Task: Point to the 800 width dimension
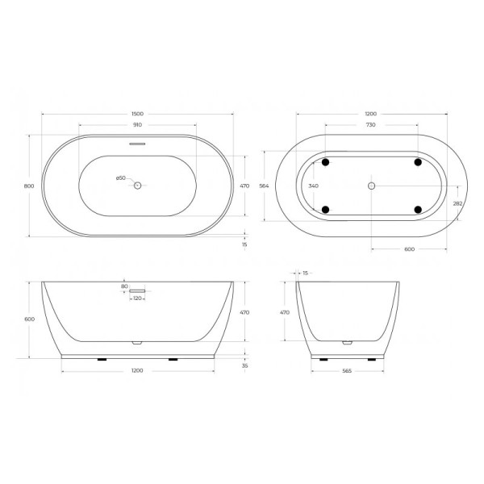point(29,186)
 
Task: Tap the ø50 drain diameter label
point(120,178)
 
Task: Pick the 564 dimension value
point(263,186)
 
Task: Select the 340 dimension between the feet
point(314,186)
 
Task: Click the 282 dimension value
point(457,203)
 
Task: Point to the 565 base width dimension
point(348,371)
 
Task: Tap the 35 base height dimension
point(244,365)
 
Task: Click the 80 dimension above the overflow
point(124,286)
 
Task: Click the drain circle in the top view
point(137,186)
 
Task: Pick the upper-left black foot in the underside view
point(326,162)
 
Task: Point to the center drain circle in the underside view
point(371,186)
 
